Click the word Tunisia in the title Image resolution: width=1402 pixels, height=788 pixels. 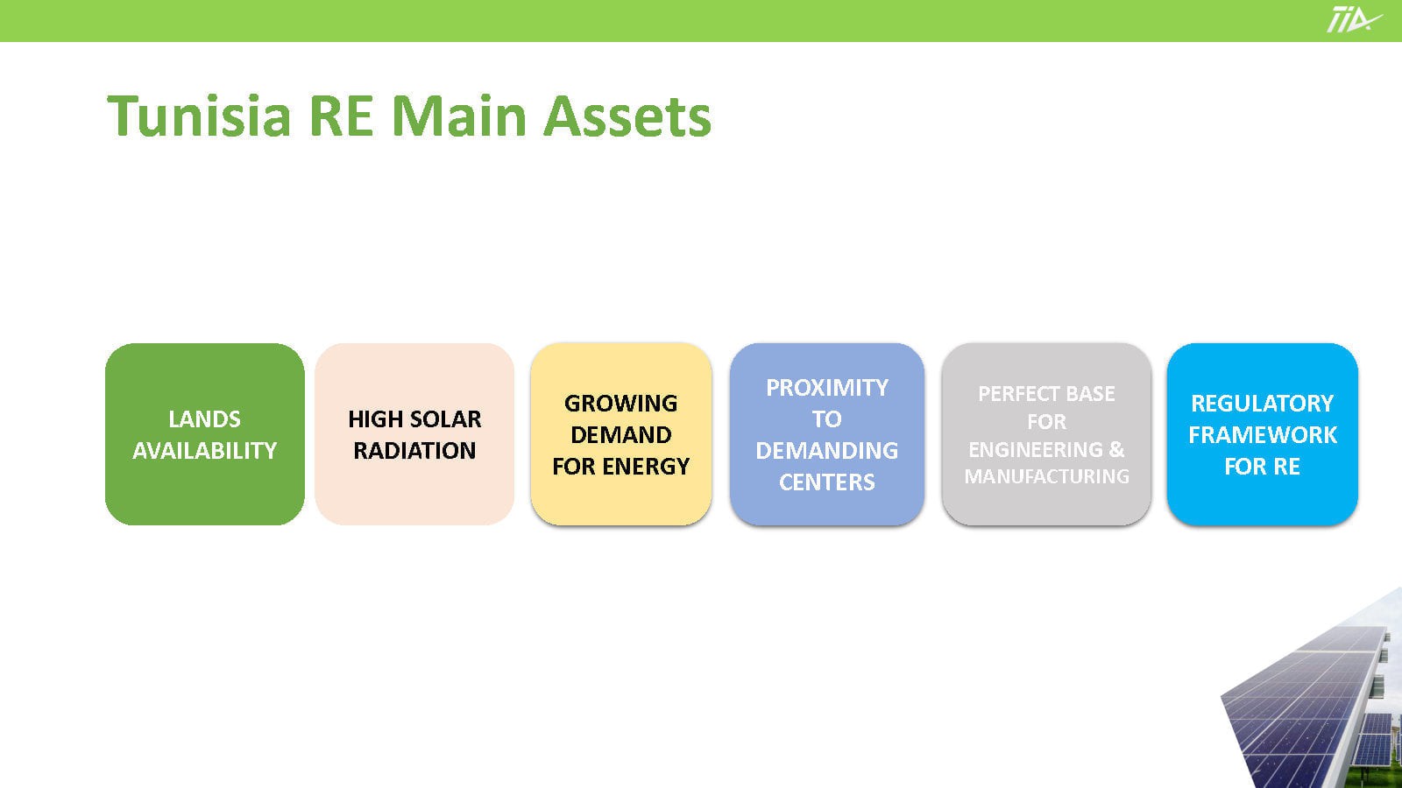(x=200, y=116)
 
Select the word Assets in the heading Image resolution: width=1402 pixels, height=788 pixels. (x=627, y=116)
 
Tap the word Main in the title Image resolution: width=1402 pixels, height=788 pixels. (x=459, y=116)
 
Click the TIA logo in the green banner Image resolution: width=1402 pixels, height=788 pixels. (x=1353, y=19)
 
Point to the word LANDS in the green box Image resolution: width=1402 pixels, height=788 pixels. (x=205, y=419)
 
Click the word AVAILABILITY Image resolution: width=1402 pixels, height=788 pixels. (x=205, y=450)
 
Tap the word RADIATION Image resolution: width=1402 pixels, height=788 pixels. (x=414, y=450)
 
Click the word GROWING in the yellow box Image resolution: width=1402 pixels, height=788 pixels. (x=621, y=404)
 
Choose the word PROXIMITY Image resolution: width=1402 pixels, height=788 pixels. (x=827, y=388)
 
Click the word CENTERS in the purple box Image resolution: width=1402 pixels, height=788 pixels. (x=827, y=482)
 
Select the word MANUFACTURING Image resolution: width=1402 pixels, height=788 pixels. (x=1046, y=476)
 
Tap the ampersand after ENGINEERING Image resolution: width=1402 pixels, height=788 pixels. (x=1117, y=449)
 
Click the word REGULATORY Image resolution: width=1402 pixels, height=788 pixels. (x=1262, y=404)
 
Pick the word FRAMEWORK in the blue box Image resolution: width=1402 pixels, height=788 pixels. (x=1263, y=434)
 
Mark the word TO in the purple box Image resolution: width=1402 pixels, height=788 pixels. (x=827, y=419)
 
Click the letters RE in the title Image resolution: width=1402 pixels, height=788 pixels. (x=341, y=116)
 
